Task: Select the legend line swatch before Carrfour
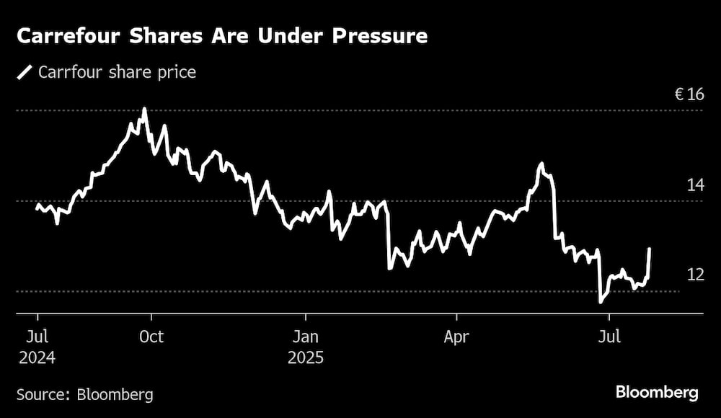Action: point(25,72)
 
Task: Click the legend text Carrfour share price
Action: point(117,72)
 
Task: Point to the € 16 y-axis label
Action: point(689,94)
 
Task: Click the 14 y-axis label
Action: point(694,185)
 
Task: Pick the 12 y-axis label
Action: point(694,275)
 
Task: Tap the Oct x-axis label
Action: point(151,337)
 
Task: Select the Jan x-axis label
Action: point(306,337)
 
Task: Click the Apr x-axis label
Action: point(457,337)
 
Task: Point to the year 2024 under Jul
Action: point(37,357)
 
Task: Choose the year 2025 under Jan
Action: point(306,357)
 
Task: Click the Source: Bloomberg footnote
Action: point(85,394)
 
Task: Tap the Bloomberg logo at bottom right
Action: point(657,393)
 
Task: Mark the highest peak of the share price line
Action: point(145,110)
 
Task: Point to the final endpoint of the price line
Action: point(650,249)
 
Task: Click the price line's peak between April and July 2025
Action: point(541,164)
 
